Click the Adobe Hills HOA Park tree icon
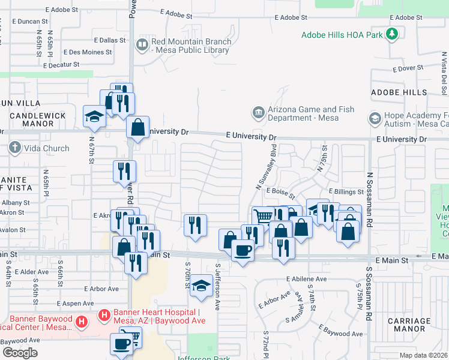392,34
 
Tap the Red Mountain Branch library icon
142,44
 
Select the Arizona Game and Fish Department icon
258,113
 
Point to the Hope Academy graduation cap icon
375,118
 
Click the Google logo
20,353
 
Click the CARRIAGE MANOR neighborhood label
409,325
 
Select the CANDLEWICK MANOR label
40,119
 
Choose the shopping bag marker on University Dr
138,127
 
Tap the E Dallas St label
109,40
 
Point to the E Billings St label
346,191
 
